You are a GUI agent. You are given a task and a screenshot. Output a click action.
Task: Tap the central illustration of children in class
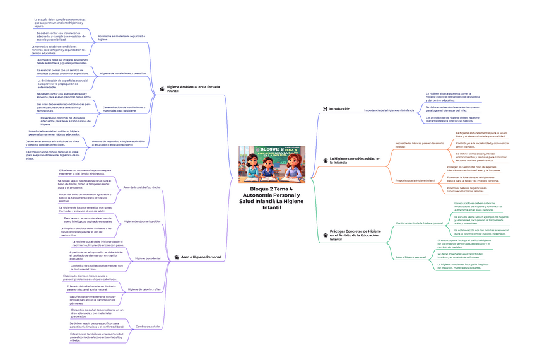click(x=271, y=164)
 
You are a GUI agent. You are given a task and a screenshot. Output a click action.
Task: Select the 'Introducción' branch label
click(x=339, y=109)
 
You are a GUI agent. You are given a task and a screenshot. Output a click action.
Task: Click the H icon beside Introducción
click(x=325, y=109)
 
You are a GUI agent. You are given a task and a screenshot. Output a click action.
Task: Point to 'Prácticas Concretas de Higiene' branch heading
click(x=355, y=235)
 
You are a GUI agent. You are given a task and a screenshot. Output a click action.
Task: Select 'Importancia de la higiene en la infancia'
click(x=390, y=110)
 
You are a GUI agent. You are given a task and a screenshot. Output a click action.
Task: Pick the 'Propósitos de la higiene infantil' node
click(x=415, y=180)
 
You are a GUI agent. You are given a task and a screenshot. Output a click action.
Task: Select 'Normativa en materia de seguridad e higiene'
click(x=121, y=38)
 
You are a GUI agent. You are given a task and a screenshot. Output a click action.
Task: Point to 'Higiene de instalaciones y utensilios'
click(x=123, y=73)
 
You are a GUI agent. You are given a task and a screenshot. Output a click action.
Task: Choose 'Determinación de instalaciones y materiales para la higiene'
click(x=127, y=109)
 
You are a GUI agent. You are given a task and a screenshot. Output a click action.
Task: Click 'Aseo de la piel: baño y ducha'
click(x=141, y=187)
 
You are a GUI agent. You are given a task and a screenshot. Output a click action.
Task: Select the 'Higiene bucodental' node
click(x=148, y=258)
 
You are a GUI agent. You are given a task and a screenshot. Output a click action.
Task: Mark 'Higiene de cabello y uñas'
click(x=144, y=289)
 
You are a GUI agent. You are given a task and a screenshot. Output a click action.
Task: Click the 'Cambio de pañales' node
click(x=148, y=326)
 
